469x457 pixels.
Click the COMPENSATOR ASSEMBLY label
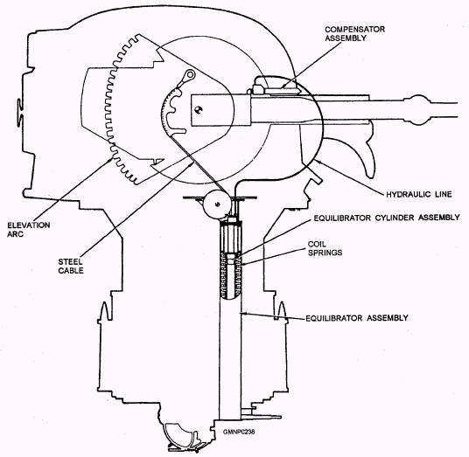(x=354, y=34)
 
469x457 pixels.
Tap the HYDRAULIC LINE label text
(x=419, y=194)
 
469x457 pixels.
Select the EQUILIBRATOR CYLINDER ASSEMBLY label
(x=387, y=218)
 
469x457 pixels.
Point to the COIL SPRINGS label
(x=325, y=248)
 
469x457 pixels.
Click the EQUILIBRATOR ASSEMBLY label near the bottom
(x=357, y=318)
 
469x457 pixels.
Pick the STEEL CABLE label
(x=71, y=267)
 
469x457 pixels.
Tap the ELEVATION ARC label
(x=28, y=230)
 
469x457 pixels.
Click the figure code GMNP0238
(x=239, y=432)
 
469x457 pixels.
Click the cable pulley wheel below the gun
(x=218, y=204)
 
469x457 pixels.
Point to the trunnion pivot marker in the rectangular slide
(x=198, y=109)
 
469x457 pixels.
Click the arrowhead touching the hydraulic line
(x=318, y=162)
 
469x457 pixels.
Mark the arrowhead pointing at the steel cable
(x=191, y=164)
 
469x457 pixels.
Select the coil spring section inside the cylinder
(x=231, y=274)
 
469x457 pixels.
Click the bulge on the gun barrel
(x=416, y=110)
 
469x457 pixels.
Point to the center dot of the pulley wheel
(x=218, y=204)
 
